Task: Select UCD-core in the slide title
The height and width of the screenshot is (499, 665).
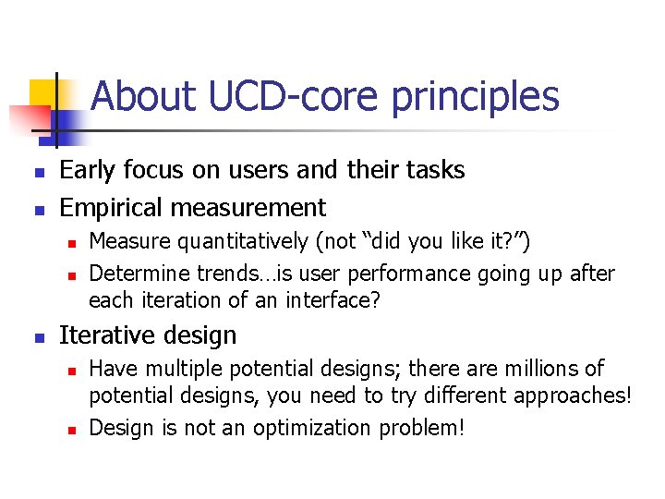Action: (x=278, y=96)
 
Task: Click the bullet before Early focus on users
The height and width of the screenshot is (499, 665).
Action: (x=36, y=173)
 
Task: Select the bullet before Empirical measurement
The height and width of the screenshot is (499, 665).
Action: (x=36, y=210)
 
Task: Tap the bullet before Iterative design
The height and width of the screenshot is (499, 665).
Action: (x=36, y=337)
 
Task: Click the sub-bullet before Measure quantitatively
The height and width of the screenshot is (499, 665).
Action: (x=70, y=243)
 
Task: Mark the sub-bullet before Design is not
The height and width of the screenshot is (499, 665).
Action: (x=70, y=430)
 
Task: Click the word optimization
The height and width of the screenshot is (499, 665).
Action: (x=336, y=428)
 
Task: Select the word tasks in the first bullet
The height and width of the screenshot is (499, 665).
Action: (x=435, y=170)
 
